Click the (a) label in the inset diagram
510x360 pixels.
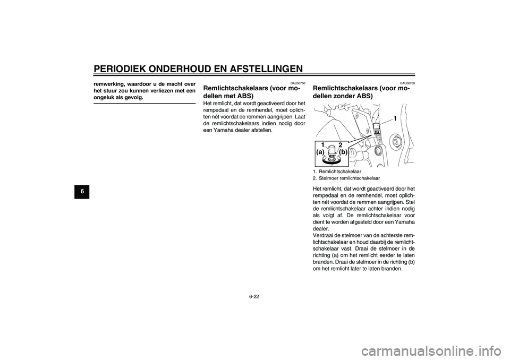pyautogui.click(x=320, y=151)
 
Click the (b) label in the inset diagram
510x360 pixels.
pyautogui.click(x=343, y=151)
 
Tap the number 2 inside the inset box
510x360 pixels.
pyautogui.click(x=340, y=144)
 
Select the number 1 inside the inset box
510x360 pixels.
pyautogui.click(x=322, y=144)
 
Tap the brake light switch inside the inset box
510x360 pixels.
pyautogui.click(x=331, y=151)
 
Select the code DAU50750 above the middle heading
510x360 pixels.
pyautogui.click(x=299, y=83)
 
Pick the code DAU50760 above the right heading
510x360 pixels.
pyautogui.click(x=408, y=83)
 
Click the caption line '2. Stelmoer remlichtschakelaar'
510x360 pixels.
pyautogui.click(x=346, y=178)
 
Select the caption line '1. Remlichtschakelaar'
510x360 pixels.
pyautogui.click(x=337, y=172)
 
